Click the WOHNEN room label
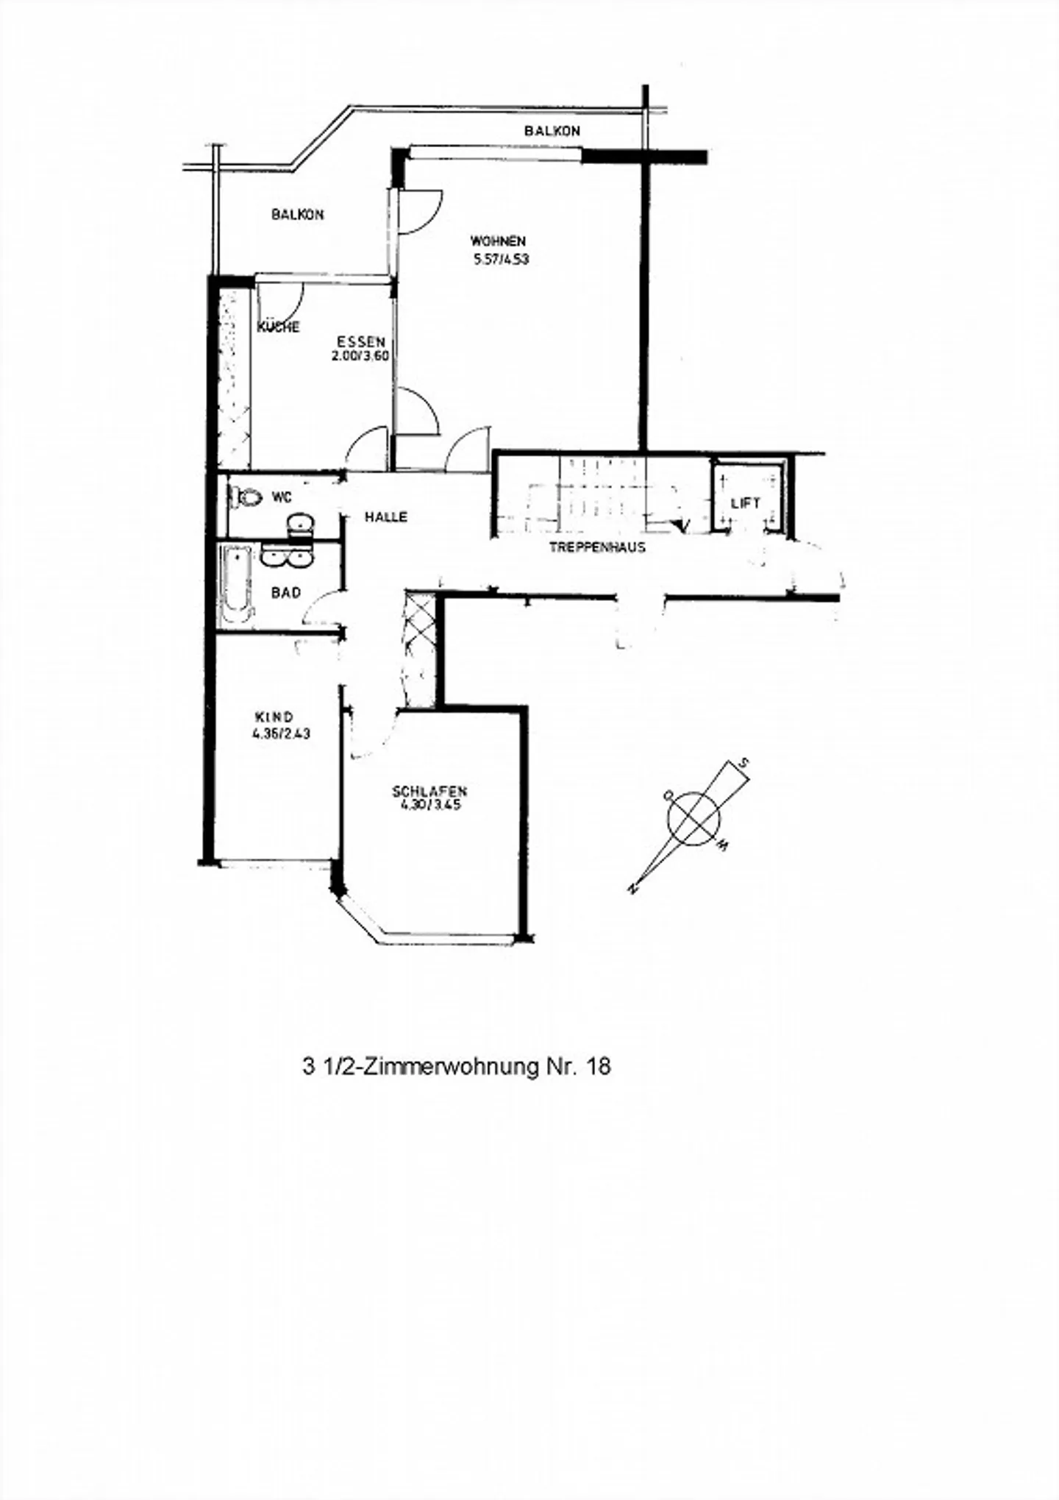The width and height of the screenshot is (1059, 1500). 499,241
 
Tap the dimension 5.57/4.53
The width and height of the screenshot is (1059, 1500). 502,259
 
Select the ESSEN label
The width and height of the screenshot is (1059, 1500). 361,341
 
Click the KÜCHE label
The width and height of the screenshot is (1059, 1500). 278,327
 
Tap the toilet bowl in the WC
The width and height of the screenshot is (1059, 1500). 246,498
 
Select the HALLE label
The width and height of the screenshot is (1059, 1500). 386,517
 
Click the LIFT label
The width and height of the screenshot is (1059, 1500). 745,504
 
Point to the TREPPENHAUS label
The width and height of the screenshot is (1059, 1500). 597,547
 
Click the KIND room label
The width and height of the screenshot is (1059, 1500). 274,717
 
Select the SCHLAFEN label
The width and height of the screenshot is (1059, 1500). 430,792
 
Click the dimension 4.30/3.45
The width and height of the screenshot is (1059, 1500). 430,806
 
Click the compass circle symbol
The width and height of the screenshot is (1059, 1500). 693,817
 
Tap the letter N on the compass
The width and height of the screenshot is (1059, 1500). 631,890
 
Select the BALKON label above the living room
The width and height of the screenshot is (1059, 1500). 552,131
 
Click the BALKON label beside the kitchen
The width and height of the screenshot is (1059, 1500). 297,215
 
